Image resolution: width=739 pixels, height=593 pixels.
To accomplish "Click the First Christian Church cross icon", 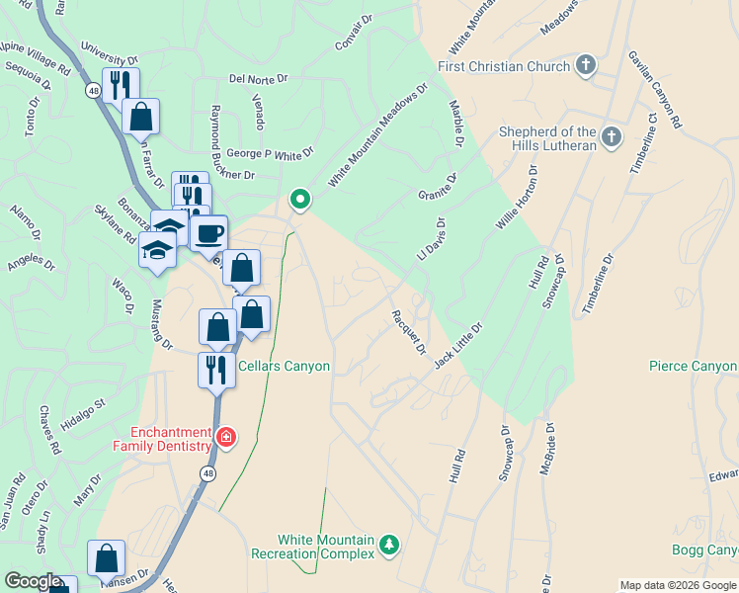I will click(586, 66).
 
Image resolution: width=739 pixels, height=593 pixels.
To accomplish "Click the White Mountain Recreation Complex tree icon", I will click(390, 545).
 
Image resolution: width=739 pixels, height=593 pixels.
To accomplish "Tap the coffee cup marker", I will click(209, 234).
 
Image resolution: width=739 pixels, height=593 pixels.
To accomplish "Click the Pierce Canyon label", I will click(693, 367).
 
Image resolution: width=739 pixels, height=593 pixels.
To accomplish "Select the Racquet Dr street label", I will click(408, 332).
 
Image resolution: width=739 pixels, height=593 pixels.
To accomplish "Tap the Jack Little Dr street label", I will click(458, 346).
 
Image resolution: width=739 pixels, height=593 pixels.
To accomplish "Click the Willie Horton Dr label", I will click(520, 199).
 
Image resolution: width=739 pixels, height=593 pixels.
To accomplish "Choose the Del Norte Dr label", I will click(258, 77).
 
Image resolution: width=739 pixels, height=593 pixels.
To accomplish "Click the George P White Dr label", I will click(270, 154).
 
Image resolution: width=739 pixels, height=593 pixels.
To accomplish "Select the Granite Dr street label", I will click(438, 186).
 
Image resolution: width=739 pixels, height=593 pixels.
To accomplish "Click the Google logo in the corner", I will click(33, 581).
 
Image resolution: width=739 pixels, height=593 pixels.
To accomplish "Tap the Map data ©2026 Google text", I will click(678, 585).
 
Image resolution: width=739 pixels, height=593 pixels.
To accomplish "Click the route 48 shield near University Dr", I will click(93, 90).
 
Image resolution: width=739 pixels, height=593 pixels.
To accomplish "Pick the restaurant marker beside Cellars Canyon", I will click(214, 371).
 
